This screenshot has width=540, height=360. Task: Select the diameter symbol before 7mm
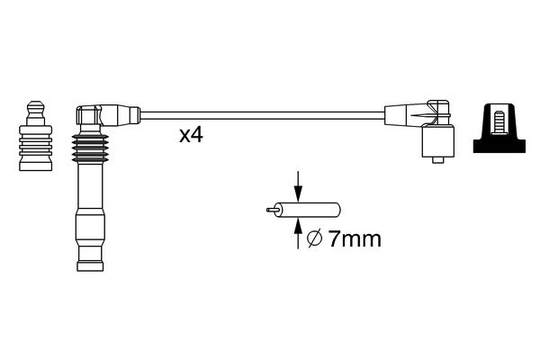point(316,240)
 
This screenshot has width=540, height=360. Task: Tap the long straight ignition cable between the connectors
point(261,115)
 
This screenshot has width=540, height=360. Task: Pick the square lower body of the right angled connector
point(437,142)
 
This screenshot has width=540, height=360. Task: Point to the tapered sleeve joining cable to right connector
point(397,115)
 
